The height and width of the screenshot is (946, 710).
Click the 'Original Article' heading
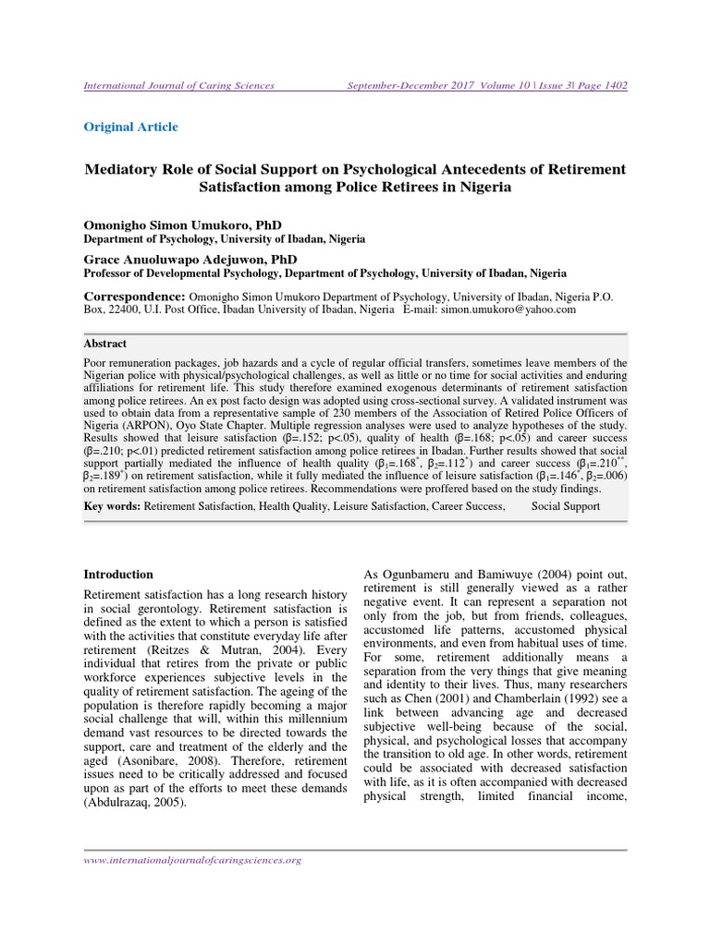[131, 127]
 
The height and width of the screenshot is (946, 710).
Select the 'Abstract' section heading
[105, 341]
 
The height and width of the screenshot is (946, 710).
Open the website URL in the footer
[193, 860]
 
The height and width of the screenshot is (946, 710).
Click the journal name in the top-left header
[179, 86]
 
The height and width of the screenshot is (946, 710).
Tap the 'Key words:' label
[112, 506]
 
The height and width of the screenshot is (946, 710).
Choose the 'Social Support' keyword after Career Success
[566, 506]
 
